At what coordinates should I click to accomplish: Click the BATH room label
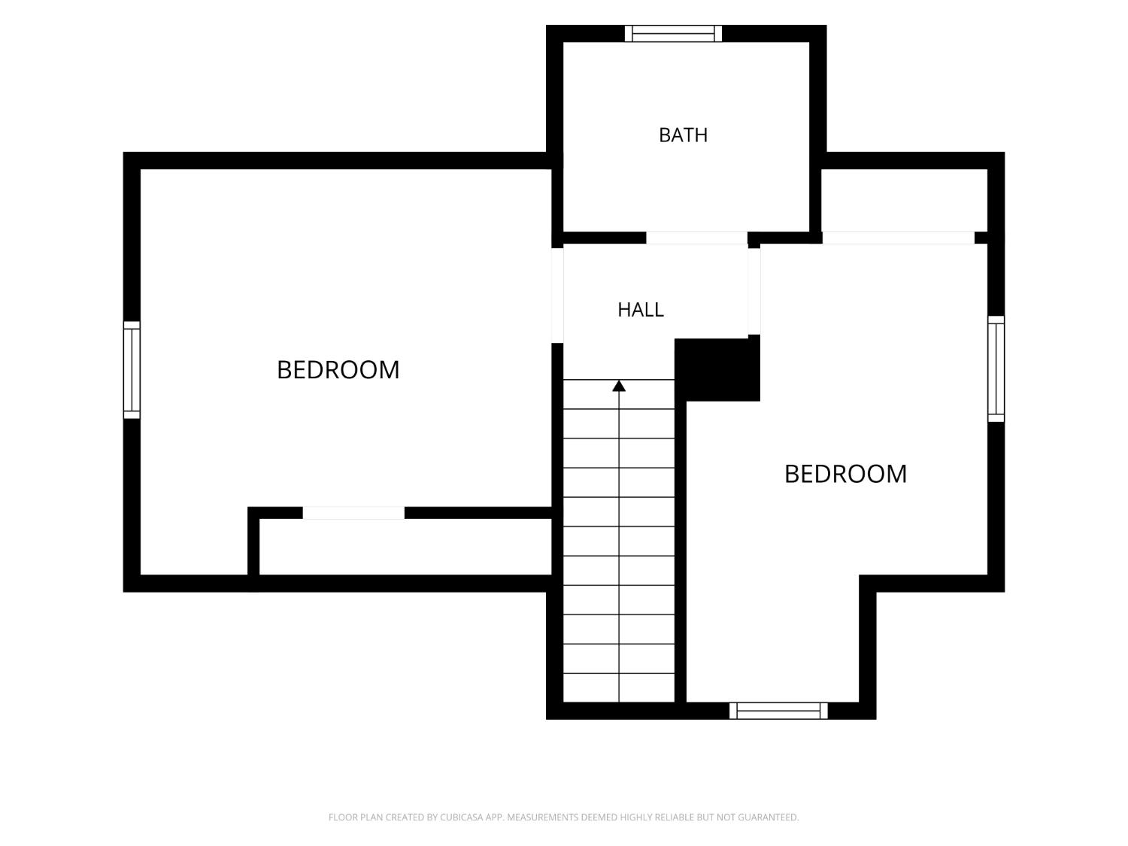click(683, 135)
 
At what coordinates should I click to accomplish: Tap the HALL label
click(640, 310)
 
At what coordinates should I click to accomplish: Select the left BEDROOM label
click(338, 370)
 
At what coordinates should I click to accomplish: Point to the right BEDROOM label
click(845, 474)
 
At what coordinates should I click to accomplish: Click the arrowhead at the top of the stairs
click(619, 386)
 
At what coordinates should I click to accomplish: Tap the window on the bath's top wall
click(673, 33)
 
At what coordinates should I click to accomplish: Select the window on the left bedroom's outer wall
click(132, 370)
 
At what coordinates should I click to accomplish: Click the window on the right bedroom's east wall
click(996, 368)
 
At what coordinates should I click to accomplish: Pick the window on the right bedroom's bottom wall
click(778, 711)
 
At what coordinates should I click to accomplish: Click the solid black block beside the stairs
click(717, 369)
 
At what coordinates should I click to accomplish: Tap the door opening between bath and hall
click(697, 238)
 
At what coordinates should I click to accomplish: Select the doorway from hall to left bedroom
click(557, 296)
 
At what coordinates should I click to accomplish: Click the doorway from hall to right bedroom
click(754, 291)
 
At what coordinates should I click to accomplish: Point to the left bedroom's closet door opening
click(353, 513)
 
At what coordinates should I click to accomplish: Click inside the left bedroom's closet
click(405, 547)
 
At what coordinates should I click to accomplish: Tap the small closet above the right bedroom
click(904, 200)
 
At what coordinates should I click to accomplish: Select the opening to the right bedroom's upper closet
click(899, 238)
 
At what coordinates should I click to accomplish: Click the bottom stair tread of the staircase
click(619, 687)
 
